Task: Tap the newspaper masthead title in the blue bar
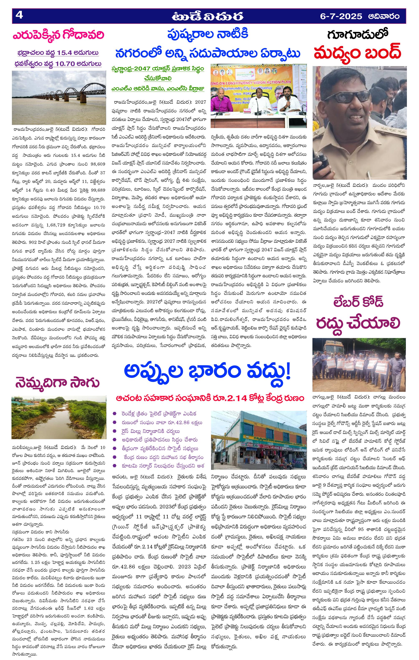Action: (x=208, y=16)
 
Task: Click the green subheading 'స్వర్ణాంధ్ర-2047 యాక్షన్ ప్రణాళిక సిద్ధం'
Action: (x=158, y=69)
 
